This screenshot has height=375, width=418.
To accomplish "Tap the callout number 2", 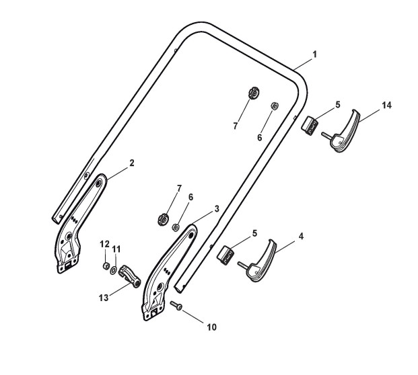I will (x=132, y=163).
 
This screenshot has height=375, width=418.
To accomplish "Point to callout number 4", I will (x=301, y=237).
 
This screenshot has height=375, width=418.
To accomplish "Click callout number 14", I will (x=386, y=106).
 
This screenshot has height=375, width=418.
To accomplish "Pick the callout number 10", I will (x=211, y=327).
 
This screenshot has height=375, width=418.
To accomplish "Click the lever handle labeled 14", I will (x=349, y=130).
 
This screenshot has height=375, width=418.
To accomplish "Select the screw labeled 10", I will (x=176, y=306).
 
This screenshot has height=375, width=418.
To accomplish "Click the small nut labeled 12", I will (x=106, y=267).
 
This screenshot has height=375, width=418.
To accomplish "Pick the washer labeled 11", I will (x=114, y=269).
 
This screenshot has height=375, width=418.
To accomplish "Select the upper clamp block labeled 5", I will (x=310, y=124).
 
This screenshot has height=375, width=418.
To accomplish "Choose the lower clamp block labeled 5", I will (x=227, y=255).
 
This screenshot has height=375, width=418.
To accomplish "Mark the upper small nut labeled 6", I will (x=275, y=106).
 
